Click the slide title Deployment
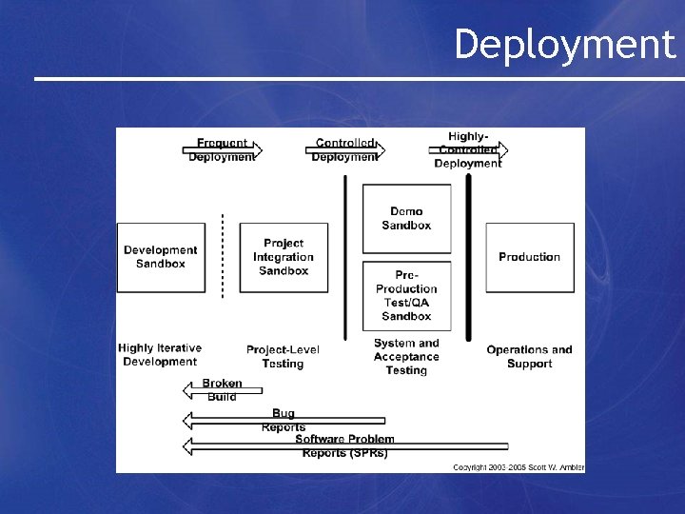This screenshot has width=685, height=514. (563, 45)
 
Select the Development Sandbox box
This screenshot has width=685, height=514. (160, 257)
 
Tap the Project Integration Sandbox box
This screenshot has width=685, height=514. (284, 257)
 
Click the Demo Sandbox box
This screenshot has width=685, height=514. (406, 219)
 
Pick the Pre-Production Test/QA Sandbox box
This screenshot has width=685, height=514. (406, 296)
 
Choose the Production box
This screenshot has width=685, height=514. (529, 257)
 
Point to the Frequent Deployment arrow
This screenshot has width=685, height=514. (222, 150)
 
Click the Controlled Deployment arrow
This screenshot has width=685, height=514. (344, 150)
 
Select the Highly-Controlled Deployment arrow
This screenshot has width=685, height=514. (467, 150)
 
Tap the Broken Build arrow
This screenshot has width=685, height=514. (211, 390)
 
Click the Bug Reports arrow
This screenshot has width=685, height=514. (283, 420)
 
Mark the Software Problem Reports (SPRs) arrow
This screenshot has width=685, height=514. (344, 445)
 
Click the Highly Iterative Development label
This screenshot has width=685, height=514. (160, 355)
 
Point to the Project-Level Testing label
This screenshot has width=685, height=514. (283, 356)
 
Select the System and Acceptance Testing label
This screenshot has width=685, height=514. (406, 356)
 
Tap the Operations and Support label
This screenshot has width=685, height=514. (529, 356)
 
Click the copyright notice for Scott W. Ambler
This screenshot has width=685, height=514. (518, 466)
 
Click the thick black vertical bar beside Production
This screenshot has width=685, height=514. (468, 257)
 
